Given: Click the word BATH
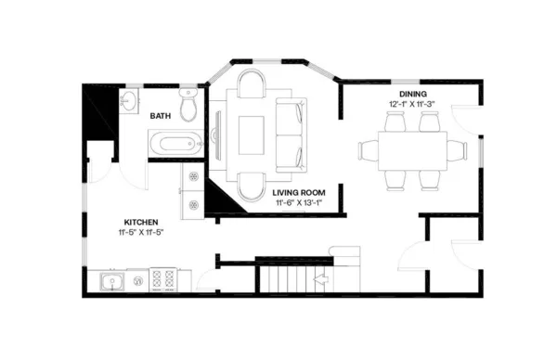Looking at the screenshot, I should pos(162,116).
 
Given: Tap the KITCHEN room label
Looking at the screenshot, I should pos(141,222).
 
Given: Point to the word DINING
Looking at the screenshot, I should pos(413,94).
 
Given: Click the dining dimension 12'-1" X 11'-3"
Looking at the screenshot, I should pos(413,105).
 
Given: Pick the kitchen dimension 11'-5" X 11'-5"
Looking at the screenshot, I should pos(141,233).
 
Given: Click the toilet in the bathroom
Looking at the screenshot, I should pos(189,107).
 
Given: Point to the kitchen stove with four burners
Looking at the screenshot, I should pos(164,279).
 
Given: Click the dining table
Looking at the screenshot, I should pos(411,149).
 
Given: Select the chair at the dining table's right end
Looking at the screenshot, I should pos(457,149).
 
